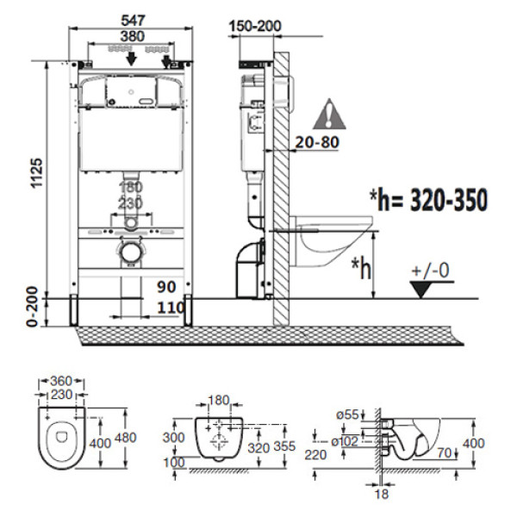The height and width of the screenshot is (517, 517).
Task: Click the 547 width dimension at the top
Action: [133, 21]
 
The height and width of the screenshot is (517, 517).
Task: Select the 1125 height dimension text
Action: [36, 173]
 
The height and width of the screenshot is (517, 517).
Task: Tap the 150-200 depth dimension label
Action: [255, 26]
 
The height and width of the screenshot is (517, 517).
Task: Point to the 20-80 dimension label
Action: [317, 142]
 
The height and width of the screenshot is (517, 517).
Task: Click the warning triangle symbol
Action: [329, 115]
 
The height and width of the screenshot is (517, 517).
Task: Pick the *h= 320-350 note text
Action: [428, 200]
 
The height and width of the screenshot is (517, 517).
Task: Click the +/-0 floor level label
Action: [431, 271]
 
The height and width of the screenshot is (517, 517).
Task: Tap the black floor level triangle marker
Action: [421, 290]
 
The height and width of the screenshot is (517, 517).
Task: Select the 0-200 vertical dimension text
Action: [32, 307]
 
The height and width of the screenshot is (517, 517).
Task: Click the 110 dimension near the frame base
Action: [171, 308]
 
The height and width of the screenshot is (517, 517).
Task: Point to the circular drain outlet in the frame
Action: [131, 252]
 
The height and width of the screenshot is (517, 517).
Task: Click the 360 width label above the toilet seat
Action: [61, 381]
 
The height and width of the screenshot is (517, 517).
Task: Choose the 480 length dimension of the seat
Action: [125, 438]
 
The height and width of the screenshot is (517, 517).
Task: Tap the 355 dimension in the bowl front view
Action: [284, 446]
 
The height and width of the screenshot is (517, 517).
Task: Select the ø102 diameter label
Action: [345, 441]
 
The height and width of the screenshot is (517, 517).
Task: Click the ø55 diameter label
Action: [347, 414]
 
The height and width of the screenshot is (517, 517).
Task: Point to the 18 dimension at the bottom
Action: [381, 495]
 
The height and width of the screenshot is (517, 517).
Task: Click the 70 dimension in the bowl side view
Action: [445, 453]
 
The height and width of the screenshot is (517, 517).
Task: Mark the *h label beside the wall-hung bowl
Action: [361, 268]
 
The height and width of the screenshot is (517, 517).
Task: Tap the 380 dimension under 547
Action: [132, 36]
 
